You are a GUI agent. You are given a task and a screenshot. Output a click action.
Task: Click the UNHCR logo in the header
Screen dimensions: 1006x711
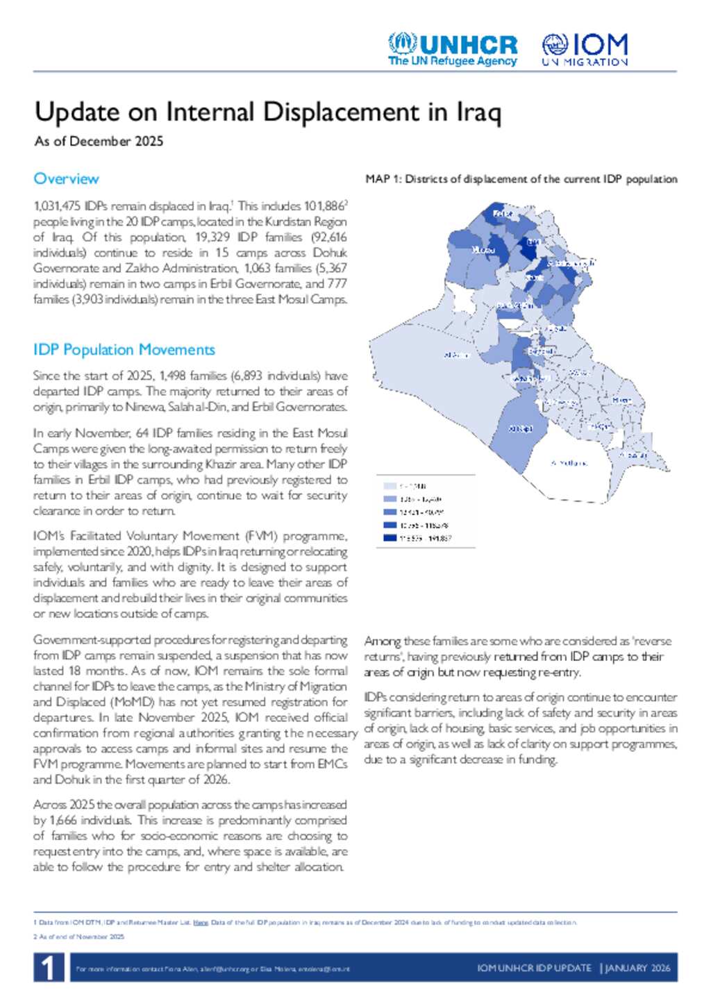(453, 49)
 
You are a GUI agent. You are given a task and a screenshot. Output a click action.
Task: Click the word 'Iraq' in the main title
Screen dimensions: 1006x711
(478, 112)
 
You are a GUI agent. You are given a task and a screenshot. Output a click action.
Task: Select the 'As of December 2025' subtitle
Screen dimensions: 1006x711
(99, 141)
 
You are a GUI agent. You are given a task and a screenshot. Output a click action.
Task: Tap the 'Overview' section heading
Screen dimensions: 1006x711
(66, 179)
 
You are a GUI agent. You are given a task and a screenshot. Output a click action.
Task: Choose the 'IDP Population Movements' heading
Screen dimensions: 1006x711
(124, 350)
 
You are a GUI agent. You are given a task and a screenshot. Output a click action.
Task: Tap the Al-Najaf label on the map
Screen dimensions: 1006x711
(521, 429)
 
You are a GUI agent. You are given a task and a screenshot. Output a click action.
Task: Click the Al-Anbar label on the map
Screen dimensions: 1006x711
(456, 355)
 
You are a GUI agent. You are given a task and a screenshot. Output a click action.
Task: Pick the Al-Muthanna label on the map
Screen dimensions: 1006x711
(569, 463)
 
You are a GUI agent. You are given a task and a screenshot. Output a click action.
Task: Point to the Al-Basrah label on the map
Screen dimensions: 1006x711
(633, 455)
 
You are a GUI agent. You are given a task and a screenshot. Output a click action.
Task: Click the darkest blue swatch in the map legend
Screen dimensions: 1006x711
(389, 538)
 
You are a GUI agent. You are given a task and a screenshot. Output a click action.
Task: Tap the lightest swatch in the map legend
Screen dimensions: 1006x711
(389, 486)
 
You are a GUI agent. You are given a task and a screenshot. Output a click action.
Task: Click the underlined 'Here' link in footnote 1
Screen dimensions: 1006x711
(201, 923)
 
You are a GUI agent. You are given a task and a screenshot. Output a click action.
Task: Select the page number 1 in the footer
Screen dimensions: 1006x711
(48, 968)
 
